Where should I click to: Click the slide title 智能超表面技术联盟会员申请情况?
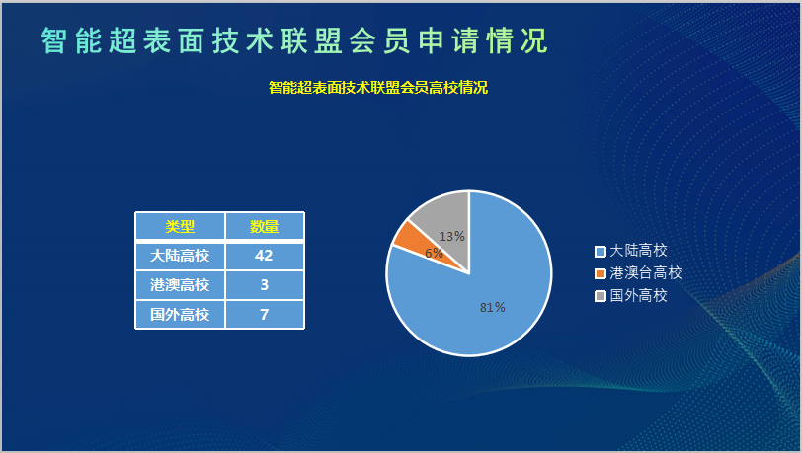(294, 40)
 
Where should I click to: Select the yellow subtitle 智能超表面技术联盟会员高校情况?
(378, 88)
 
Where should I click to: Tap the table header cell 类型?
(180, 226)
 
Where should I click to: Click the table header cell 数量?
(265, 226)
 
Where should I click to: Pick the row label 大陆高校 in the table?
(180, 256)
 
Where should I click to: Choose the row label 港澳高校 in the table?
(180, 285)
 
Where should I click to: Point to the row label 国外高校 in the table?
(180, 315)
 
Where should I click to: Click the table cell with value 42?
(265, 256)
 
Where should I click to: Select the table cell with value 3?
(265, 285)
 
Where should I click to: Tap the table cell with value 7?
(265, 315)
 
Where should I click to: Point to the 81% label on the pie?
(493, 307)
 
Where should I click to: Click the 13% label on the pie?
(452, 236)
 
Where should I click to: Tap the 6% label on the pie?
(434, 253)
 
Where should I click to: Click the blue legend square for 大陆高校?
(600, 251)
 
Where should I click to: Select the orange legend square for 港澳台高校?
(600, 273)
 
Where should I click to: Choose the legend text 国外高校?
(638, 295)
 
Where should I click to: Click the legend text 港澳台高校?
(646, 273)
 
